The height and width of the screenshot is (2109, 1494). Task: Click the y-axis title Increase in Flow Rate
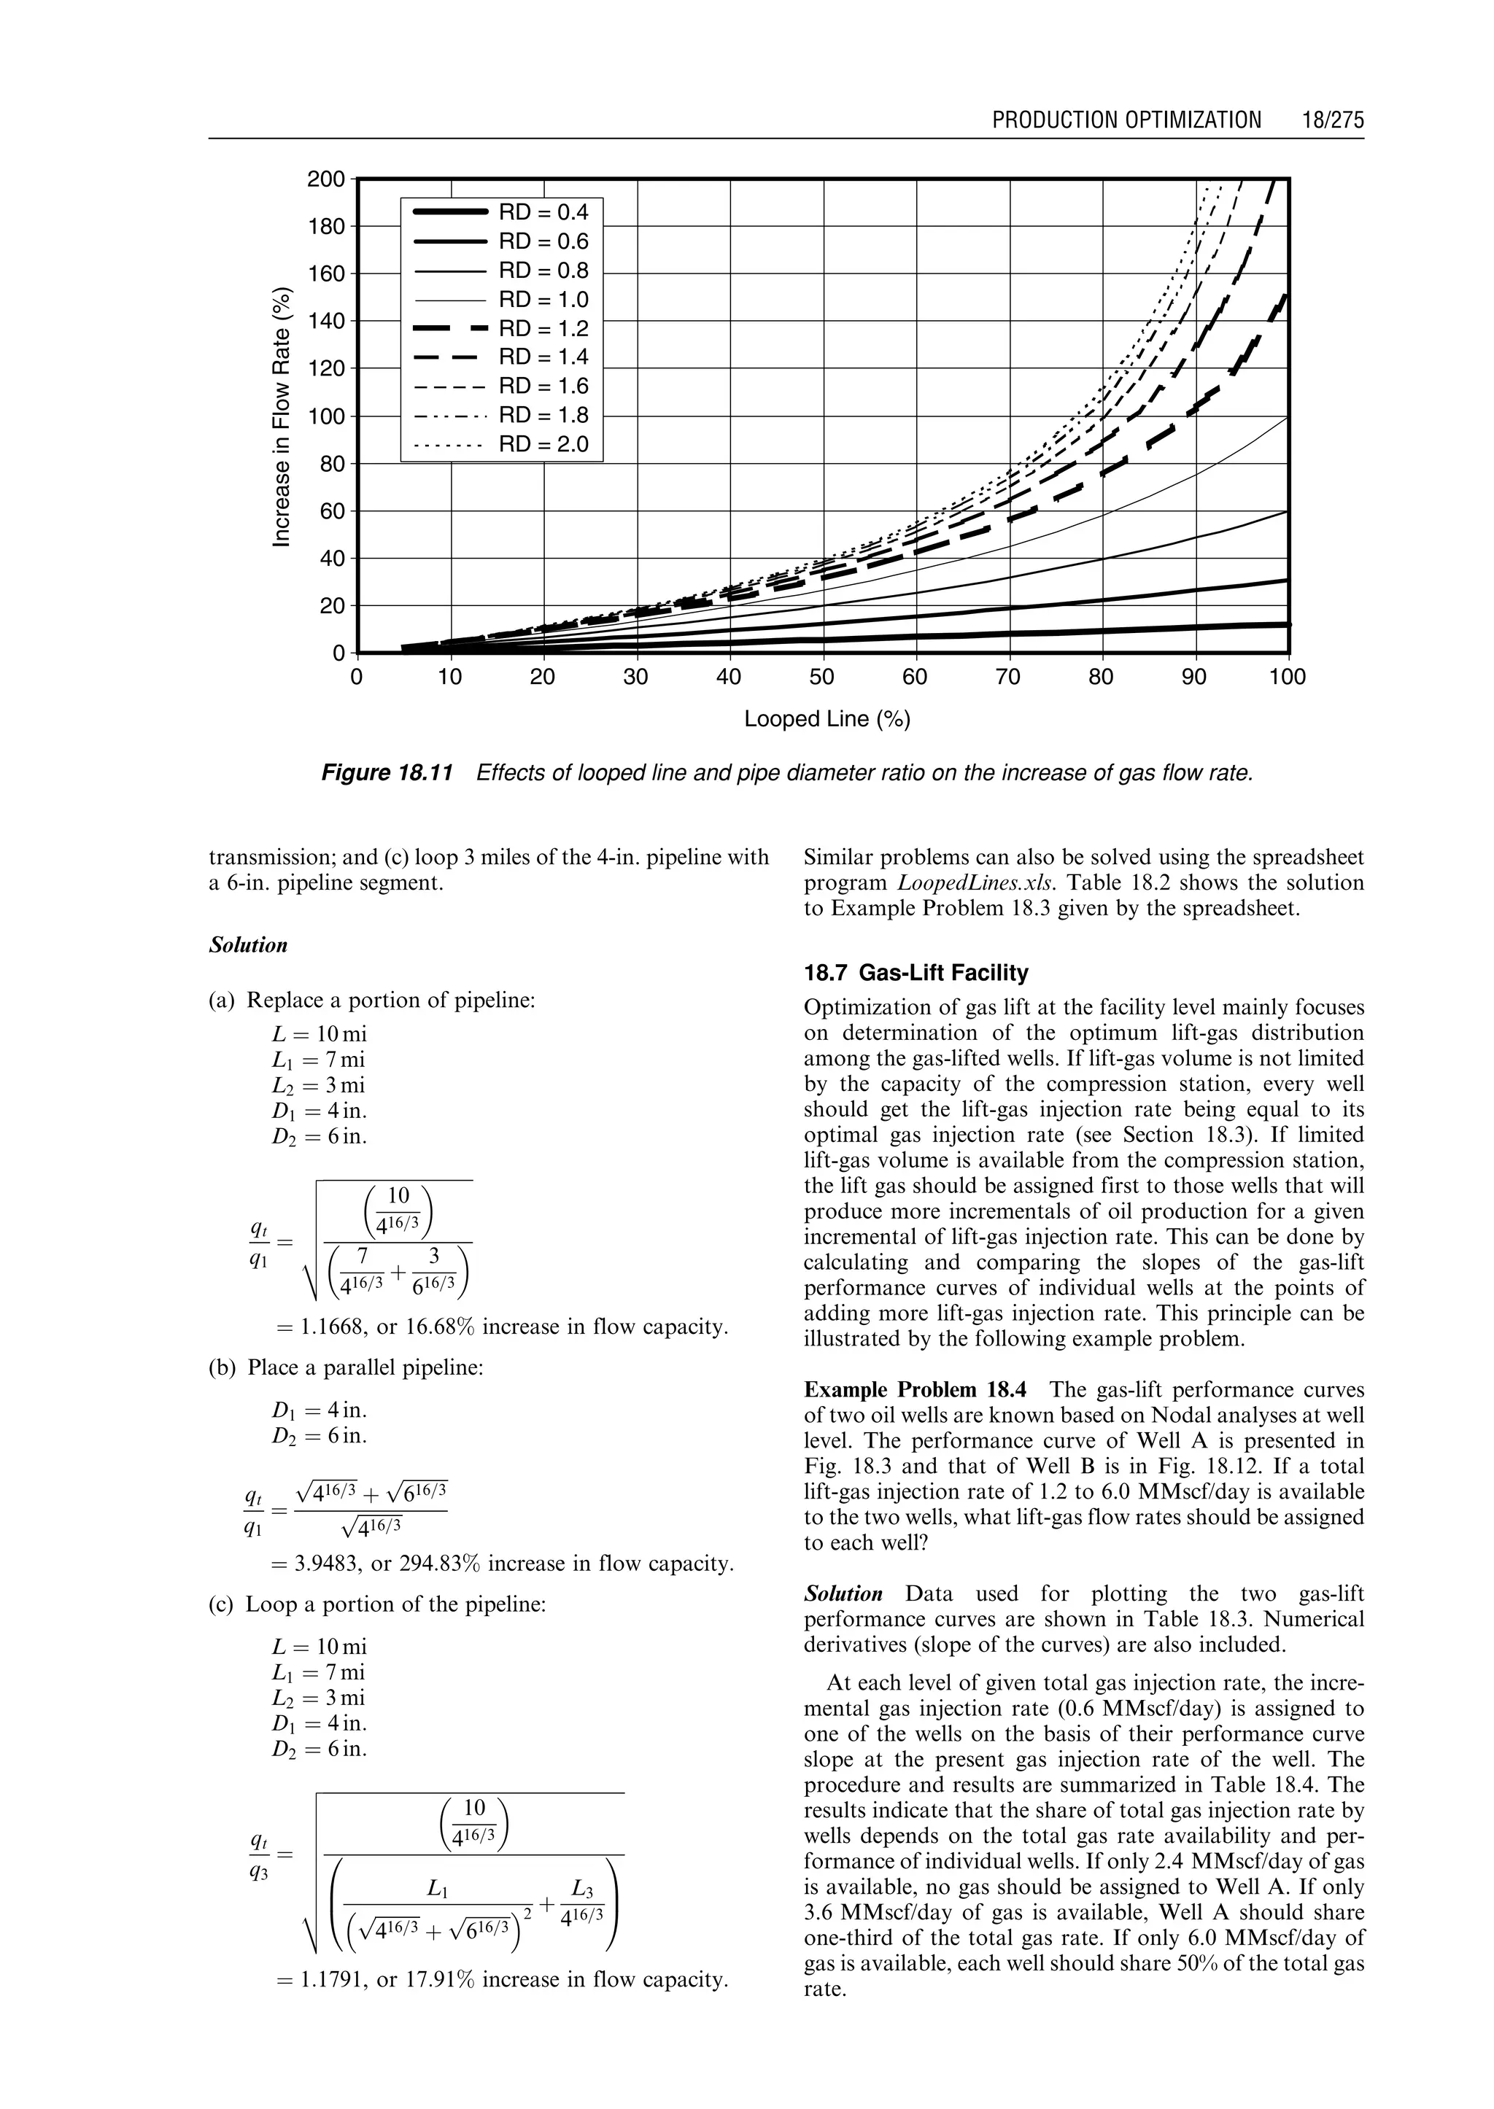click(282, 416)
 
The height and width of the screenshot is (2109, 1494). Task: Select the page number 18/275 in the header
click(1332, 120)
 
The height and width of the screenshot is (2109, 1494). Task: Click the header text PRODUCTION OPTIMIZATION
click(1126, 120)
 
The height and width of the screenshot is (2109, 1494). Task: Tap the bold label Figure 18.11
click(387, 772)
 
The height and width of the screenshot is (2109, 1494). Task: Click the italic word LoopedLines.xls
click(974, 883)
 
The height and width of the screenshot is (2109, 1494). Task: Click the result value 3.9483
click(331, 1564)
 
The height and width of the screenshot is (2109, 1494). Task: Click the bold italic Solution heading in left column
click(247, 946)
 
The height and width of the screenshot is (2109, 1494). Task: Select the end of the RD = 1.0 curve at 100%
click(1285, 419)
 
